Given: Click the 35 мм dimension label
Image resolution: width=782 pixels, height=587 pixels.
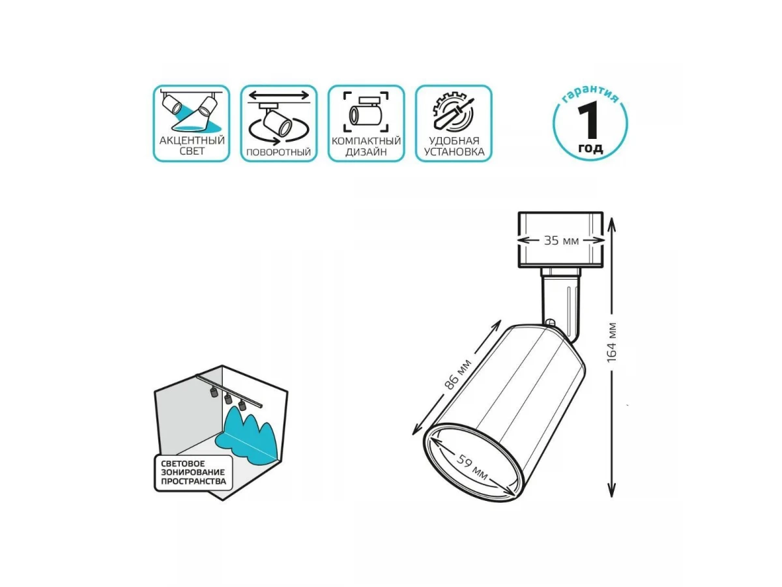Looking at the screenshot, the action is (561, 241).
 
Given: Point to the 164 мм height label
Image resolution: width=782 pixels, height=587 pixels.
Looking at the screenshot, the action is (612, 342).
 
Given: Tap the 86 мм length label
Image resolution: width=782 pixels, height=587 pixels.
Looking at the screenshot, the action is (458, 374).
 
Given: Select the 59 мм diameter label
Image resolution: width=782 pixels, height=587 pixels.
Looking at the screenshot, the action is (472, 467).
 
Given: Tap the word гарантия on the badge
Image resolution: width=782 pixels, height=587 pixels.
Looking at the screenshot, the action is (590, 95).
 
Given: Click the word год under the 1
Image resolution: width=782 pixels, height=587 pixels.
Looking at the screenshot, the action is (590, 148).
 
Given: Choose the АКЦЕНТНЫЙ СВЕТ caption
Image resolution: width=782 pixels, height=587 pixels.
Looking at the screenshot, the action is (192, 145).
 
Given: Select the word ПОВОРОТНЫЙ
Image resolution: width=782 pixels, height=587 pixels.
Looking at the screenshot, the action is (279, 152).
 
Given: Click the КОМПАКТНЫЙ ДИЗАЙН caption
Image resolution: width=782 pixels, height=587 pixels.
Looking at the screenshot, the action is (366, 146).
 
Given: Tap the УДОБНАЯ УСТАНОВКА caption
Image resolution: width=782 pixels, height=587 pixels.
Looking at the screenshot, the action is (454, 146).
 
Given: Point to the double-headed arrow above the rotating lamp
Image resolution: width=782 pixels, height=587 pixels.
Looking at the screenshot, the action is (279, 95).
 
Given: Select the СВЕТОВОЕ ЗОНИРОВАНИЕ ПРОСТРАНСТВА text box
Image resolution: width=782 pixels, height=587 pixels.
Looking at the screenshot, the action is (194, 473).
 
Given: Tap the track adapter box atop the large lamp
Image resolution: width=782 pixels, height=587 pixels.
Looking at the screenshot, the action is (560, 240).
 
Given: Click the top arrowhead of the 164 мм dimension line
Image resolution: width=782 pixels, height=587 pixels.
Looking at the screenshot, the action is (612, 223).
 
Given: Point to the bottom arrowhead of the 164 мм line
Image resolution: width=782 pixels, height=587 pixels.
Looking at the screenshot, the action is (612, 491).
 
